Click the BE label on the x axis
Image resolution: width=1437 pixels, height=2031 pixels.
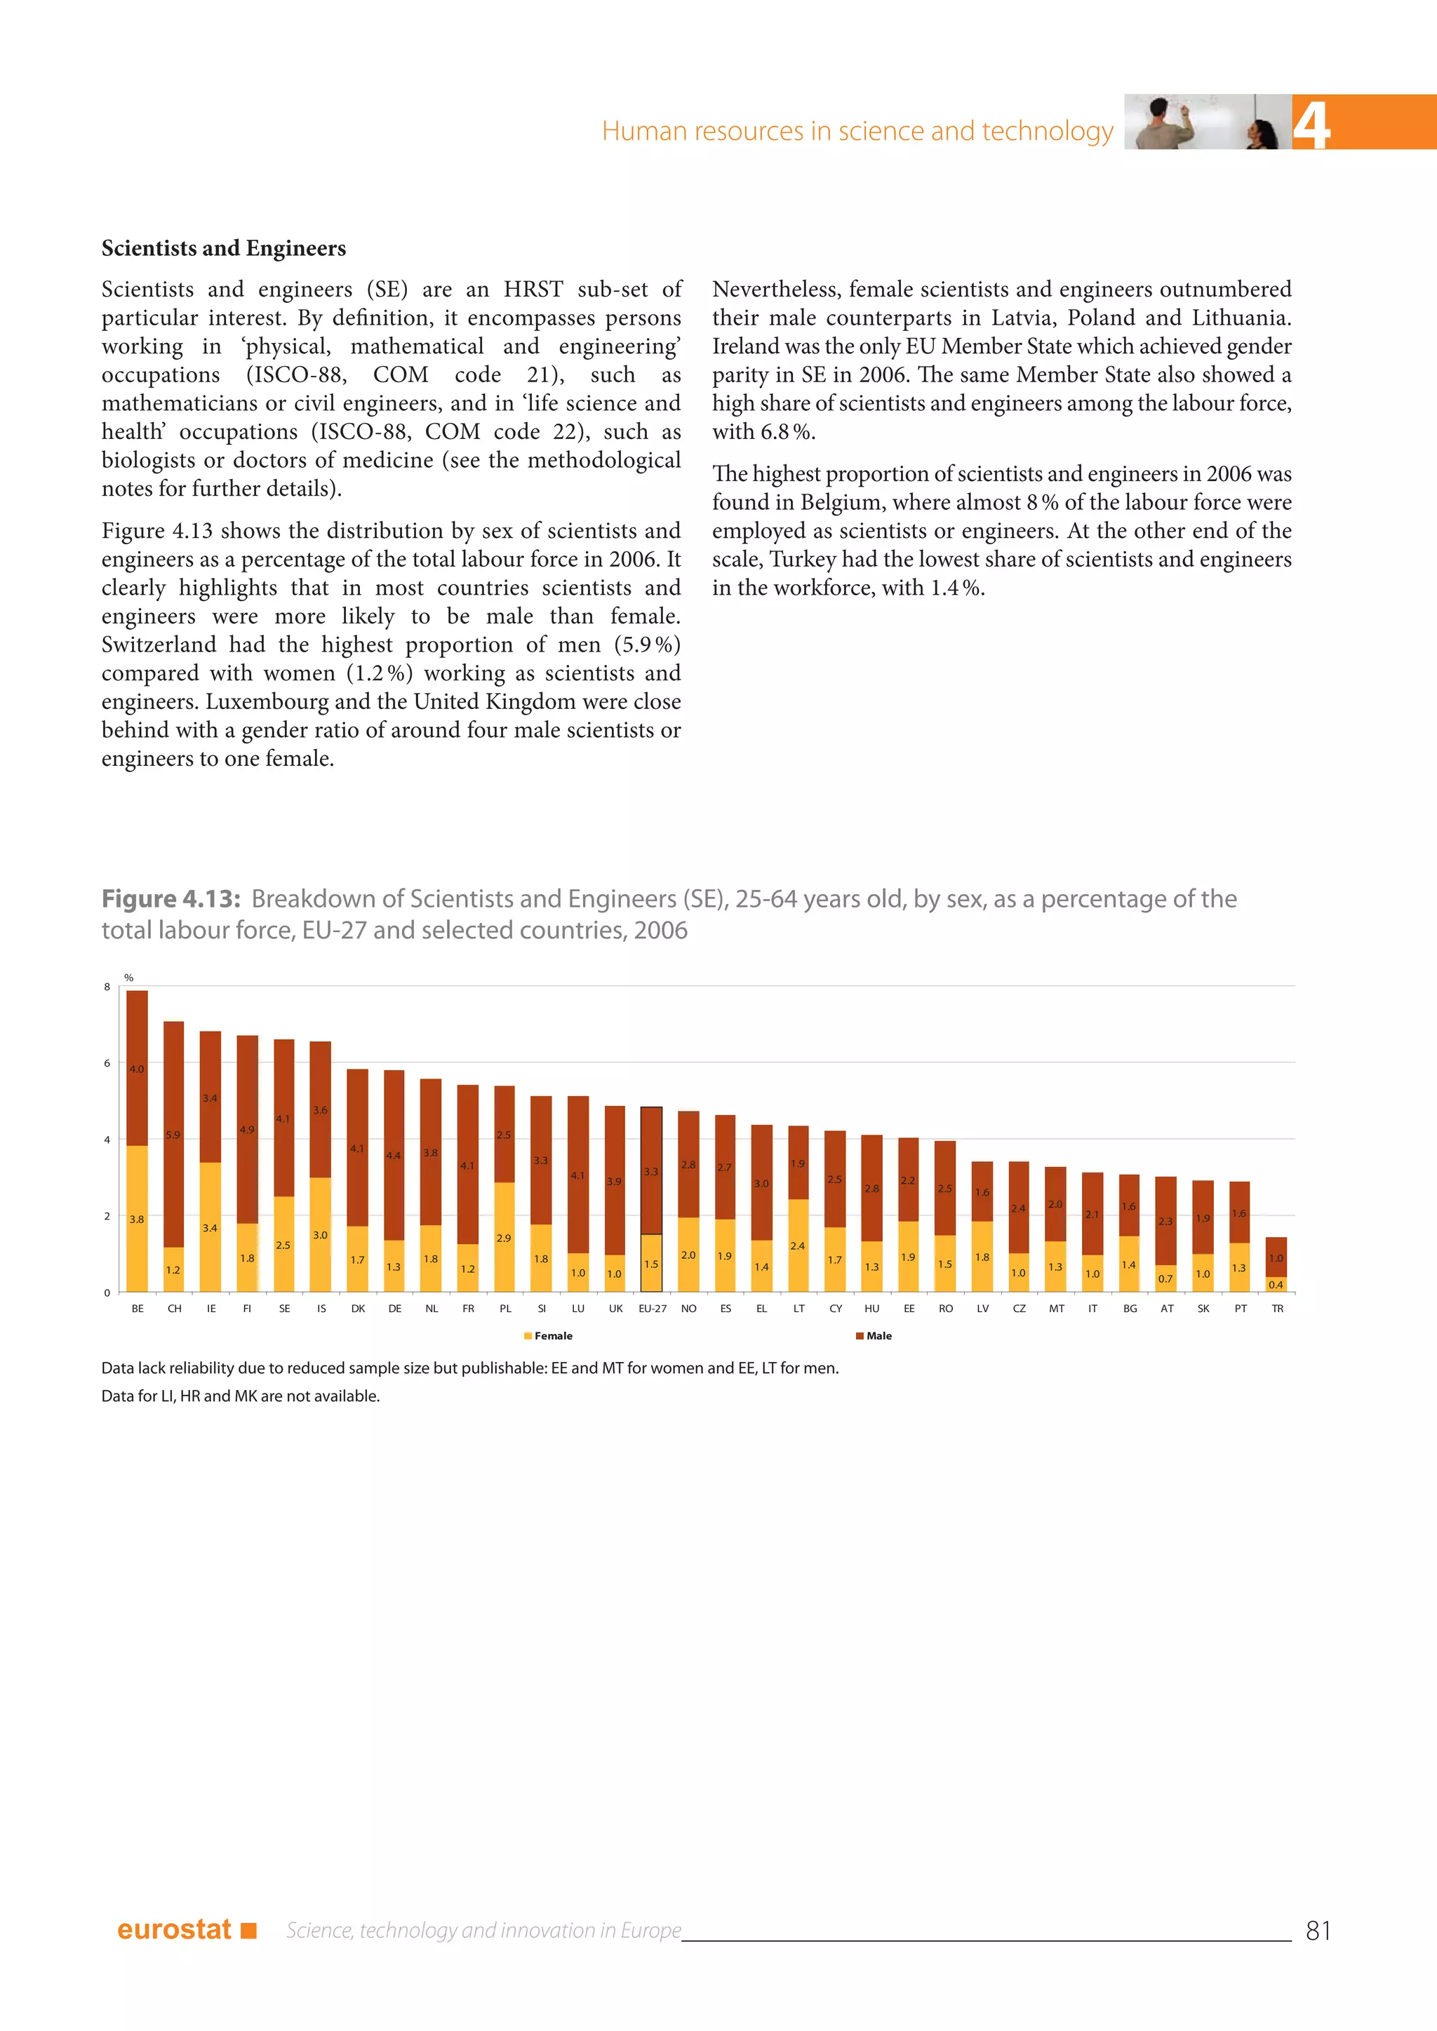pyautogui.click(x=137, y=1308)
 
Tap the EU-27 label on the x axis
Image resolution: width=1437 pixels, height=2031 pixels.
pyautogui.click(x=652, y=1308)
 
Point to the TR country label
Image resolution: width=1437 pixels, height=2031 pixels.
pyautogui.click(x=1277, y=1308)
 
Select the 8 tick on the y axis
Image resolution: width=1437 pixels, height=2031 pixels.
pyautogui.click(x=107, y=986)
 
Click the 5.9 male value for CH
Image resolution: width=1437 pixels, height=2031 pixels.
pyautogui.click(x=173, y=1135)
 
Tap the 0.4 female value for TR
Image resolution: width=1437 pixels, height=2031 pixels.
pyautogui.click(x=1276, y=1284)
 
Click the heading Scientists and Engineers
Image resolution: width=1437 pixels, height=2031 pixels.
pyautogui.click(x=224, y=248)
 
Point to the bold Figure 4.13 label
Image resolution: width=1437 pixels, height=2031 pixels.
pyautogui.click(x=171, y=899)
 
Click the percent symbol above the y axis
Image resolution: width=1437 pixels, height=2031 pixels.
pyautogui.click(x=128, y=978)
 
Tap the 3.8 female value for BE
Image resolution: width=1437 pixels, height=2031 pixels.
pyautogui.click(x=136, y=1219)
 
